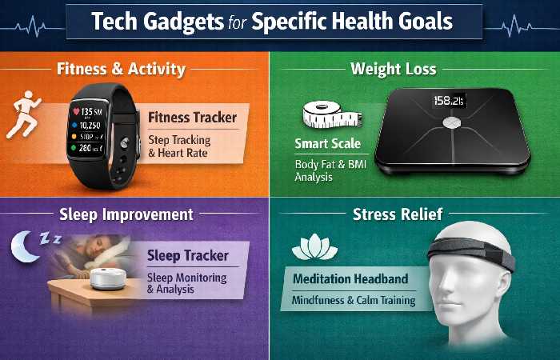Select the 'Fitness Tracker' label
tap(193, 118)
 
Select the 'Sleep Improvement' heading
tap(126, 214)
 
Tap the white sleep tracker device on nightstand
tap(108, 278)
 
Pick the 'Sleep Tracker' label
tap(188, 256)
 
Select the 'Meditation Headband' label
tap(350, 278)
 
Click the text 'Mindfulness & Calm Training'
tap(348, 301)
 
